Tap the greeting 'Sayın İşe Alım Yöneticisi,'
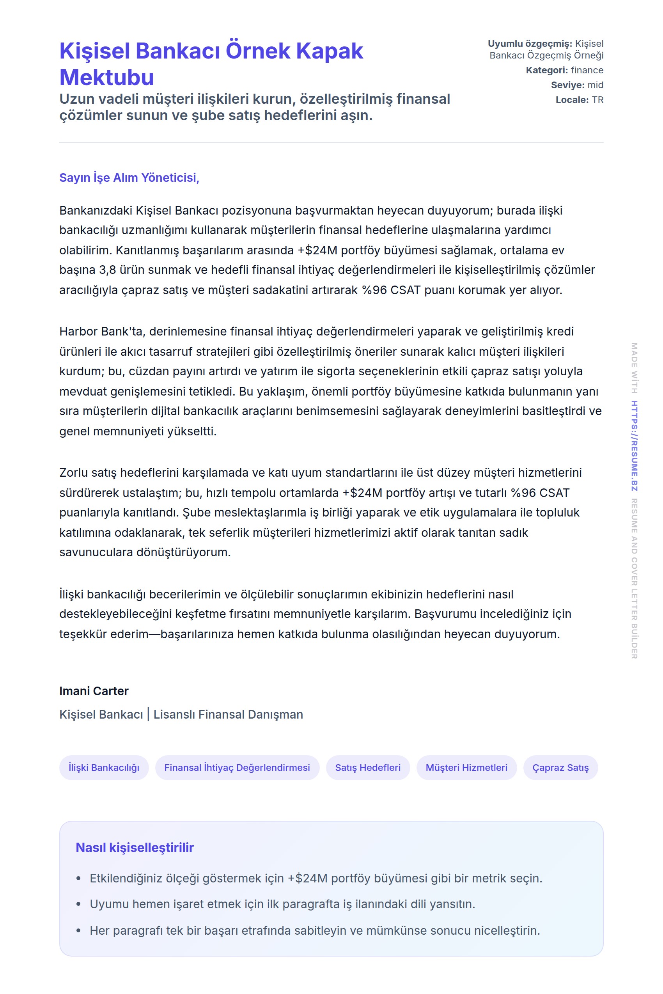point(129,177)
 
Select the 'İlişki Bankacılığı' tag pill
point(104,767)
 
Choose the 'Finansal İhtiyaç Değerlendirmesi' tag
point(237,767)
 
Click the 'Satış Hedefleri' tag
point(367,767)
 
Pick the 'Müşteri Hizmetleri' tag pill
point(466,767)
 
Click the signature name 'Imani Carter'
point(94,691)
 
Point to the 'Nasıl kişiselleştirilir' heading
point(135,847)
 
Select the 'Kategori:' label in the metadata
point(547,70)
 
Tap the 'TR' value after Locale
point(597,100)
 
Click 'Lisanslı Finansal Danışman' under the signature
point(228,714)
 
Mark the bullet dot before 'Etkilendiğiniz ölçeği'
point(78,879)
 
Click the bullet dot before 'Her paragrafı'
point(78,930)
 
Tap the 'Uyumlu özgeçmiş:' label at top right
point(529,44)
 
